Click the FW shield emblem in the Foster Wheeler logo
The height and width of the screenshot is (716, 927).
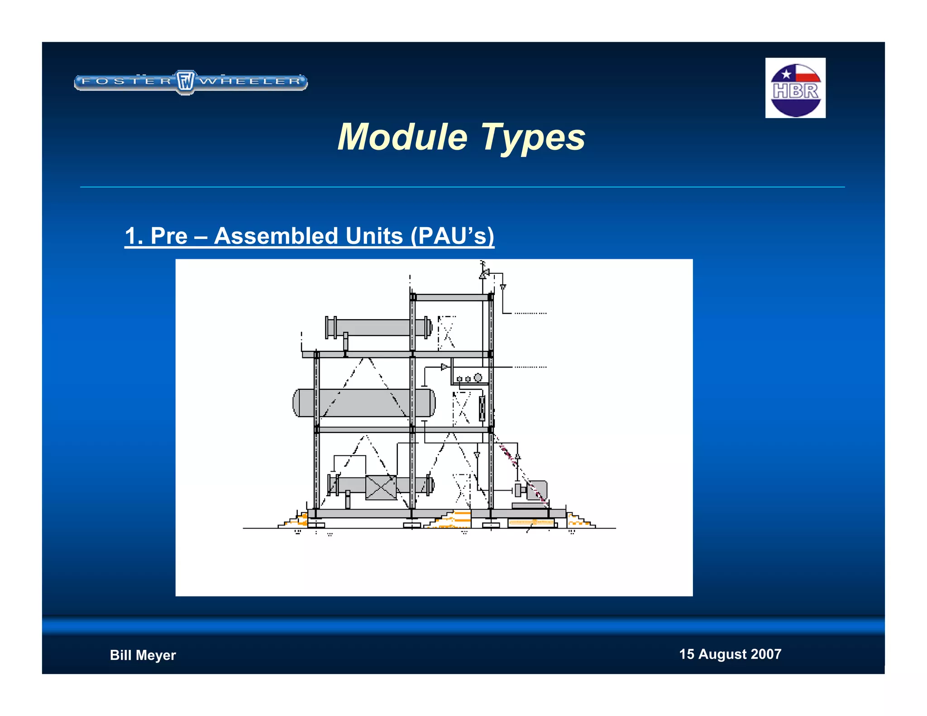(186, 82)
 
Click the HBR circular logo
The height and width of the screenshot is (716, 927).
(795, 90)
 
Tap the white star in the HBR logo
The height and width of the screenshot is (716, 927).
(786, 74)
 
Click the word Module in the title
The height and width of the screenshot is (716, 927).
(402, 137)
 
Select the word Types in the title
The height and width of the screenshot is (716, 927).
(533, 138)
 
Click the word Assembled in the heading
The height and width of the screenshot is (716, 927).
(308, 236)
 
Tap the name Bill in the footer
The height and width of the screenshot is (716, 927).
(121, 655)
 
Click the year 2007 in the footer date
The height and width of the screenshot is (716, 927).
(766, 654)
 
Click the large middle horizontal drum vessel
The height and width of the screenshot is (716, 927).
(364, 402)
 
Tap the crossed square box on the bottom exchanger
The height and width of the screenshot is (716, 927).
(381, 487)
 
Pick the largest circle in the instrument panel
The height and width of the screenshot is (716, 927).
(478, 377)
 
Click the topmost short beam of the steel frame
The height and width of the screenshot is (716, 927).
(452, 297)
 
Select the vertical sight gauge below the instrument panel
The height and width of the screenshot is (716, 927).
(482, 408)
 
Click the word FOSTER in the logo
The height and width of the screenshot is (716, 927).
(126, 81)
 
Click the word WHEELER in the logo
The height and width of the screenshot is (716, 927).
(250, 81)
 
